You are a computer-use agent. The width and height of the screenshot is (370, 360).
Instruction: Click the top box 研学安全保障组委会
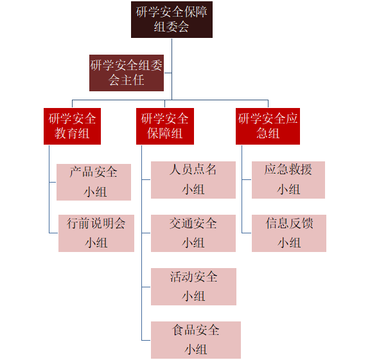(x=172, y=19)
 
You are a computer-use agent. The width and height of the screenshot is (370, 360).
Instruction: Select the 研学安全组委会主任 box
(x=127, y=73)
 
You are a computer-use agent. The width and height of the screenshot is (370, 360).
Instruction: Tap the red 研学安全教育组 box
(x=72, y=127)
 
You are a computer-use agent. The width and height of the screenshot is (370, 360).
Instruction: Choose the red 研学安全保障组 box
(x=165, y=127)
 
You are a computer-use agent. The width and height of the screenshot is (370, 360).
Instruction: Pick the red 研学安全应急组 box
(x=268, y=127)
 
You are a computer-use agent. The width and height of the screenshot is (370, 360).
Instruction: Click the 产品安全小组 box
(x=94, y=182)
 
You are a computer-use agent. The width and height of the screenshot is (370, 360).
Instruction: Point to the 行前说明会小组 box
(x=96, y=233)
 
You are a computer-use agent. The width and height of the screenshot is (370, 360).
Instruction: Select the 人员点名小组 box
(x=193, y=180)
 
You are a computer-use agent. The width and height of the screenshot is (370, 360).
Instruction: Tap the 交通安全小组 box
(x=193, y=233)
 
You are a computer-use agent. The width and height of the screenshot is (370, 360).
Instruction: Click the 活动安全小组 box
(x=193, y=287)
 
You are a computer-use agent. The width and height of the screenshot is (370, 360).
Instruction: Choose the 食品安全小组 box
(x=196, y=340)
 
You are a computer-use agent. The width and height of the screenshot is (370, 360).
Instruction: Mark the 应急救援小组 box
(x=288, y=180)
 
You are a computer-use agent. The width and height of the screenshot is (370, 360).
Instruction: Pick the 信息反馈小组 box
(x=289, y=233)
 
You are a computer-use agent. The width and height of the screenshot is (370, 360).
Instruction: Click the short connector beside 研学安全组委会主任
(x=168, y=73)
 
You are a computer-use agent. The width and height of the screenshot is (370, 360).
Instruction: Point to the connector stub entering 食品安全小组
(x=146, y=341)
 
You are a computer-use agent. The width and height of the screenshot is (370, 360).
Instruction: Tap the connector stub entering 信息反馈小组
(x=247, y=233)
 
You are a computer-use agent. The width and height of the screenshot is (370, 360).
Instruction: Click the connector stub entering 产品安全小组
(x=53, y=182)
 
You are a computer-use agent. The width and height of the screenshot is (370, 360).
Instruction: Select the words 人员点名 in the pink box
(x=193, y=170)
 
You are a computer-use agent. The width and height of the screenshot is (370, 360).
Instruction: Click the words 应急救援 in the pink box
(x=288, y=170)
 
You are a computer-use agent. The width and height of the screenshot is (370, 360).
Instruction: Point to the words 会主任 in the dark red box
(x=127, y=80)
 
